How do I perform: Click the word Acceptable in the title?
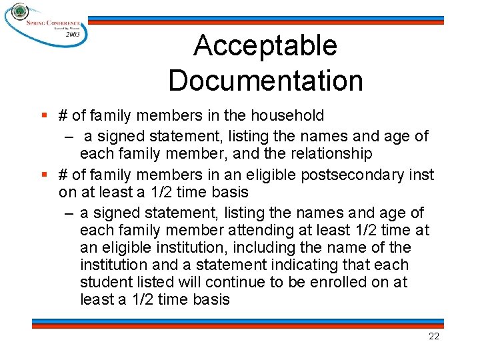[265, 46]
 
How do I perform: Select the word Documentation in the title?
[265, 81]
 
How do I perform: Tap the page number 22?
[433, 337]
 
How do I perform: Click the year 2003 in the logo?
[73, 33]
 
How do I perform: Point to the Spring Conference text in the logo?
[53, 22]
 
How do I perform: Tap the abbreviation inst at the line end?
[421, 175]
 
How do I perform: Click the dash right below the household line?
[69, 137]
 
